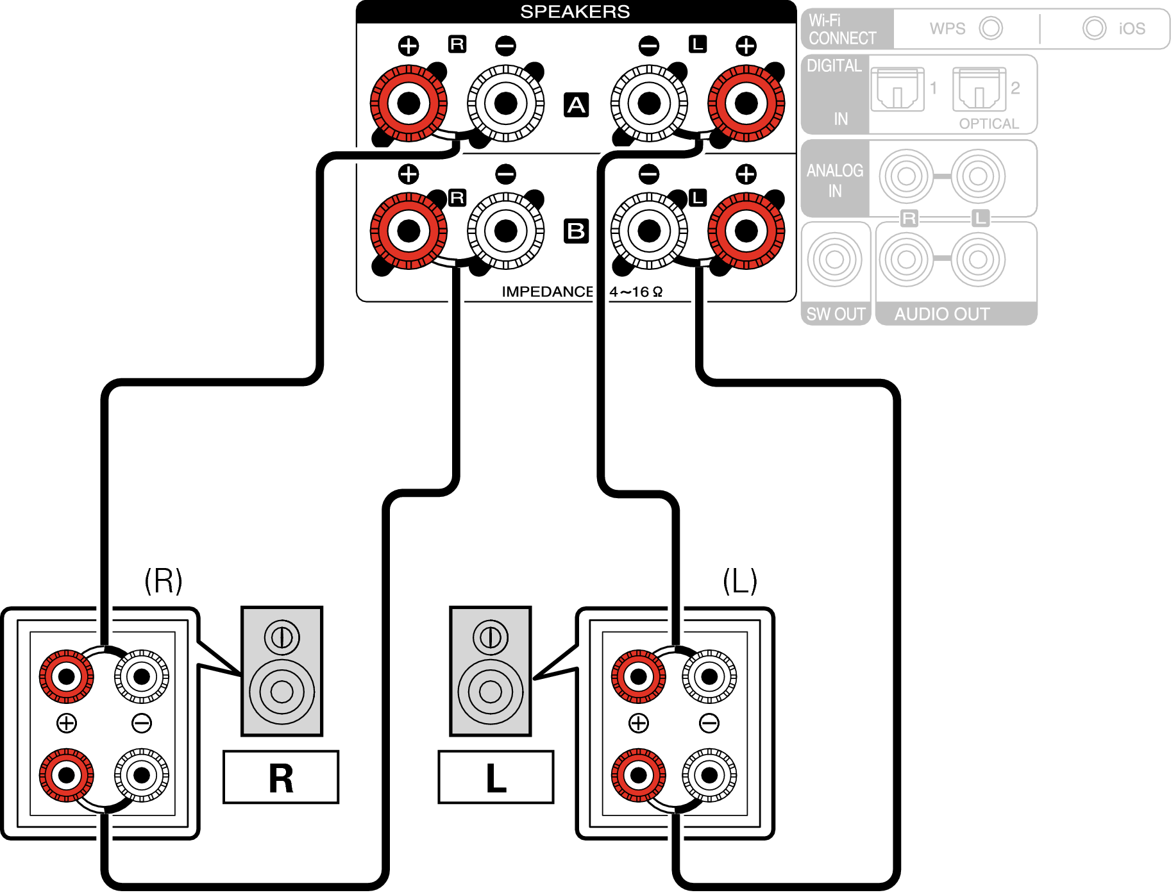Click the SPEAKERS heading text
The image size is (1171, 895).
(575, 12)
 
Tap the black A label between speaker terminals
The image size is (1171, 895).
(576, 105)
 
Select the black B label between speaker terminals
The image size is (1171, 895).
(576, 231)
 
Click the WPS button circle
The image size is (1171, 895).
(990, 28)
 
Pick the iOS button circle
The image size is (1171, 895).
(1094, 28)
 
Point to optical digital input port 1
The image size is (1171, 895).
(897, 90)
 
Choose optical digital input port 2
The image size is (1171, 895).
(979, 90)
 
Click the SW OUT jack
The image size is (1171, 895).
(834, 260)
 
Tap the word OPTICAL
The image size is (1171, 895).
(989, 124)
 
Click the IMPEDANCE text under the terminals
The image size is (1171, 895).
(547, 292)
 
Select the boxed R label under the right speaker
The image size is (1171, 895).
(281, 778)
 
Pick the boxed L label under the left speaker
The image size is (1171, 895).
(496, 778)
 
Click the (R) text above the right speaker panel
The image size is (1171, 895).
(164, 581)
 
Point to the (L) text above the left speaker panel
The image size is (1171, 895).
(740, 581)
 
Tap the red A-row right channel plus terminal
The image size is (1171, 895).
(409, 103)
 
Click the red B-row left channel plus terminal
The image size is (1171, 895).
(746, 231)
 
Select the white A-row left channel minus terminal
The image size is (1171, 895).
(649, 103)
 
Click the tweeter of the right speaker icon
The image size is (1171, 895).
(282, 637)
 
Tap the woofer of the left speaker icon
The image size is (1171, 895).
(491, 692)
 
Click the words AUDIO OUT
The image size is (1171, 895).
(941, 314)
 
